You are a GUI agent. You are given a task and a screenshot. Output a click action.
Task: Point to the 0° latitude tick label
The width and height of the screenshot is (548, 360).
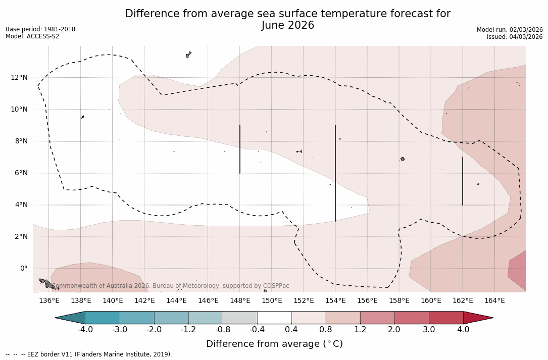(24, 269)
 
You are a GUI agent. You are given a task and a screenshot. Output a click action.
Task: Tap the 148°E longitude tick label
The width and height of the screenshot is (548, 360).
(240, 301)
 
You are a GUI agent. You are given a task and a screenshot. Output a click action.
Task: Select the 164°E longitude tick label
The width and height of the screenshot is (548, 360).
(494, 301)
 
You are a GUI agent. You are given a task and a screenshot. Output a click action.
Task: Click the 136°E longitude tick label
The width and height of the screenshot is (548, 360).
(49, 301)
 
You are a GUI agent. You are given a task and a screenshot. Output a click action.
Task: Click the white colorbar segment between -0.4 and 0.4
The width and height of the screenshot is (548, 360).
(274, 318)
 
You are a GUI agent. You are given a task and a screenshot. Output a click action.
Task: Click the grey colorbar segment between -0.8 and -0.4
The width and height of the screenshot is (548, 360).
(240, 318)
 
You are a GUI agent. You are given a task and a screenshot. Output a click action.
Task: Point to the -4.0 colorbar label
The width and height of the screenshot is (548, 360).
(85, 330)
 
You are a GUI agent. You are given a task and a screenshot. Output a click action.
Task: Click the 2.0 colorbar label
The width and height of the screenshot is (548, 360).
(394, 330)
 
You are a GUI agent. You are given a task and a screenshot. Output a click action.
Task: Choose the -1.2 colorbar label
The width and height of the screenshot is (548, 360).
(188, 330)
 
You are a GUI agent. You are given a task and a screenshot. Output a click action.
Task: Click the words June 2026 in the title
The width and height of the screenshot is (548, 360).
(288, 25)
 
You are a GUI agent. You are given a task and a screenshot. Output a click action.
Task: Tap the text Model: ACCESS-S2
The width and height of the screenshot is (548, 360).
(32, 36)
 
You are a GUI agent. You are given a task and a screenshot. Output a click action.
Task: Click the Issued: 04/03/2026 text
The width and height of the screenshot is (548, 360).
(515, 37)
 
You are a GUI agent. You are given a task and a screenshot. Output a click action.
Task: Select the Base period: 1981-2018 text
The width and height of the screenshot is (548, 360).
(40, 29)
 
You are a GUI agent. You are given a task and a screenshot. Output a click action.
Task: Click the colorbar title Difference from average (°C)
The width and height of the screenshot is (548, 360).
(274, 344)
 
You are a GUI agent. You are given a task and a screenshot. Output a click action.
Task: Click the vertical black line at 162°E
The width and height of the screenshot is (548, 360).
(463, 181)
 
